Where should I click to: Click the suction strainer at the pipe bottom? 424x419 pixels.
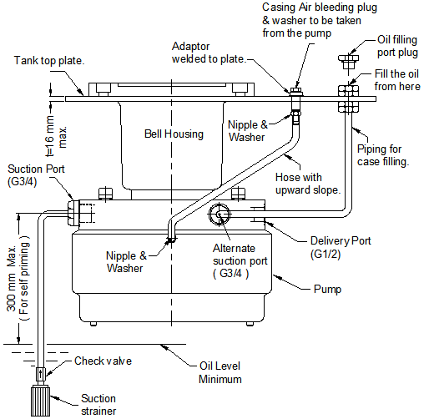coord(40,400)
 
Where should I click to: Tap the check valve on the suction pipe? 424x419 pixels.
coord(40,374)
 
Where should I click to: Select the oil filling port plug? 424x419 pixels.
coord(348,62)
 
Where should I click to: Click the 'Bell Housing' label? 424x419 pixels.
coord(174,134)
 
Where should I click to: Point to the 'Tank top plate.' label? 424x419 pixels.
coord(49,60)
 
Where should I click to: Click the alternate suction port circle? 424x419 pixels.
coord(219,214)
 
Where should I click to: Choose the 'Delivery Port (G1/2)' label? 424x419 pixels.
coord(341,247)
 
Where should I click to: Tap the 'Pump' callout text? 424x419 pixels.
coord(327,289)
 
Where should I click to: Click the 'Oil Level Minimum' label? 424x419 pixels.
coord(220,372)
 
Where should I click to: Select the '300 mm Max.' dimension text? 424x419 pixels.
coord(12,279)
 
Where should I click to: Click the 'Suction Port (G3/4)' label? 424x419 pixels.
coord(36,175)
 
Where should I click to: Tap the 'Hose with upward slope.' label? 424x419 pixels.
coord(308,184)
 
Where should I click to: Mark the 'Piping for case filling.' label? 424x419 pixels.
coord(383,155)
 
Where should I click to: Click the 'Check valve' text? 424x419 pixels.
coord(103,361)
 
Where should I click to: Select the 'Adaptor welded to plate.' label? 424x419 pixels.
coord(209,53)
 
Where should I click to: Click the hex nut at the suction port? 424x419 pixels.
coord(73,212)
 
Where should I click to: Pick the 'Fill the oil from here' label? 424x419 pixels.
coord(397,80)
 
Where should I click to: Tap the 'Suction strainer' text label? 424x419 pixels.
coord(98,405)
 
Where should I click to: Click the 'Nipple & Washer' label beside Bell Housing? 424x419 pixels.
coord(247,131)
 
